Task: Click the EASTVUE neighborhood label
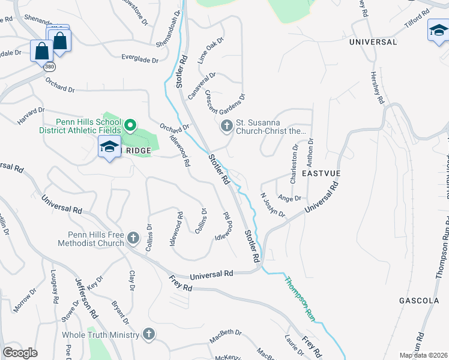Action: coord(322,173)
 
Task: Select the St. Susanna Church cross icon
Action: coord(227,125)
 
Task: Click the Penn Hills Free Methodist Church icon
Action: coord(133,239)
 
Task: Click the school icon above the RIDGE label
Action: coord(109,146)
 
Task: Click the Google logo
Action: coord(20,353)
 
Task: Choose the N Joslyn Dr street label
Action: coord(272,205)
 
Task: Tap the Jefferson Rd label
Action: coord(86,298)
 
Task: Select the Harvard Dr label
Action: coord(31,116)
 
